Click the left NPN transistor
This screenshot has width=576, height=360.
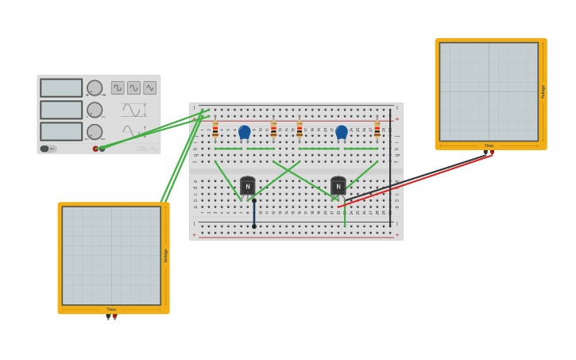click(x=247, y=187)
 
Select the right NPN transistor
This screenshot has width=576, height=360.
click(x=338, y=187)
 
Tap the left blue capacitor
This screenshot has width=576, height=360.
click(x=245, y=132)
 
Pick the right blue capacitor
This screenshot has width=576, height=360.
click(x=342, y=132)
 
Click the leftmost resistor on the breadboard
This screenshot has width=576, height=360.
click(x=215, y=130)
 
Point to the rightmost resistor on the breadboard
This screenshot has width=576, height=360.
click(x=377, y=130)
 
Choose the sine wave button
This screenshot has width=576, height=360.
click(x=133, y=87)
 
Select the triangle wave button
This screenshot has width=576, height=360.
click(x=149, y=87)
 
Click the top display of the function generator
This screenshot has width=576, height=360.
click(x=61, y=88)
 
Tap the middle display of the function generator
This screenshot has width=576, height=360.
click(x=61, y=110)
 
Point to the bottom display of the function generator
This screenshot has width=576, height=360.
click(x=61, y=131)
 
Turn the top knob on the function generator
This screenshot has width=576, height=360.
click(x=95, y=88)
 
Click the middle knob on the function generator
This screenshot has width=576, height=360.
click(x=95, y=110)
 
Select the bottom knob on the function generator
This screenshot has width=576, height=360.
click(x=95, y=131)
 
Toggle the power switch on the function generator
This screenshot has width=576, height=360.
click(x=45, y=149)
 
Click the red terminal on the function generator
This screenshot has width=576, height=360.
click(x=95, y=149)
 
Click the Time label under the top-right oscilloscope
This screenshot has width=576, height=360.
click(x=489, y=145)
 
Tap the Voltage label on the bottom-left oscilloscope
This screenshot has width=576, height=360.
click(x=165, y=256)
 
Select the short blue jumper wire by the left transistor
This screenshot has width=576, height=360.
click(x=254, y=213)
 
